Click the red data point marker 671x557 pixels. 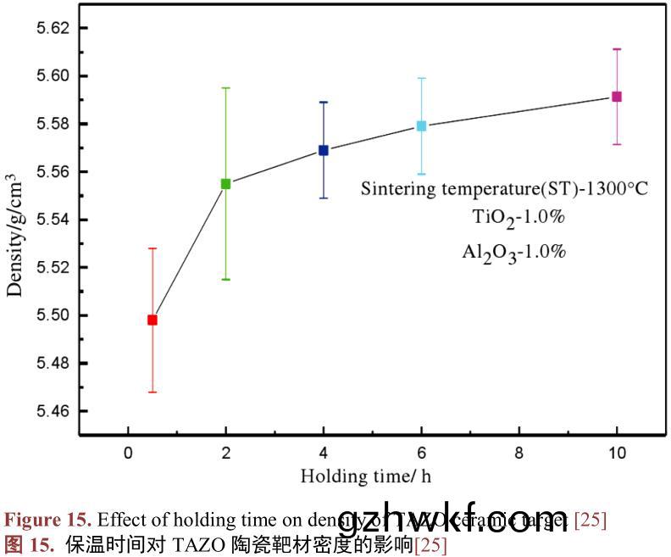[x=152, y=320]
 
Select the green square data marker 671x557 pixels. [x=225, y=183]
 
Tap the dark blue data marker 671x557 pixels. [x=324, y=150]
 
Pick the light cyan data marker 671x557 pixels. [x=421, y=126]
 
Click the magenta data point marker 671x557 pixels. [x=617, y=97]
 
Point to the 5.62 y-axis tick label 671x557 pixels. [x=50, y=28]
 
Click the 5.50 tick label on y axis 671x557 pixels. [x=50, y=315]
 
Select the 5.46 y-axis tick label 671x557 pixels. [x=50, y=411]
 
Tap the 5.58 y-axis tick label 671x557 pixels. [x=50, y=124]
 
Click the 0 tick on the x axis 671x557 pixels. [x=128, y=453]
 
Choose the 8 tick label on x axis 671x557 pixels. [x=519, y=453]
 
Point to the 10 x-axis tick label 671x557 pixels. [x=617, y=453]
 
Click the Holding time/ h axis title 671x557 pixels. [x=365, y=476]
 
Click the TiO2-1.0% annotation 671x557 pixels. [x=518, y=217]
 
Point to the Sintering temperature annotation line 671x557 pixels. [x=504, y=188]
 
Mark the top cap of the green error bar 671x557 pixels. [x=225, y=87]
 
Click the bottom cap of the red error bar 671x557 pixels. [x=152, y=392]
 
